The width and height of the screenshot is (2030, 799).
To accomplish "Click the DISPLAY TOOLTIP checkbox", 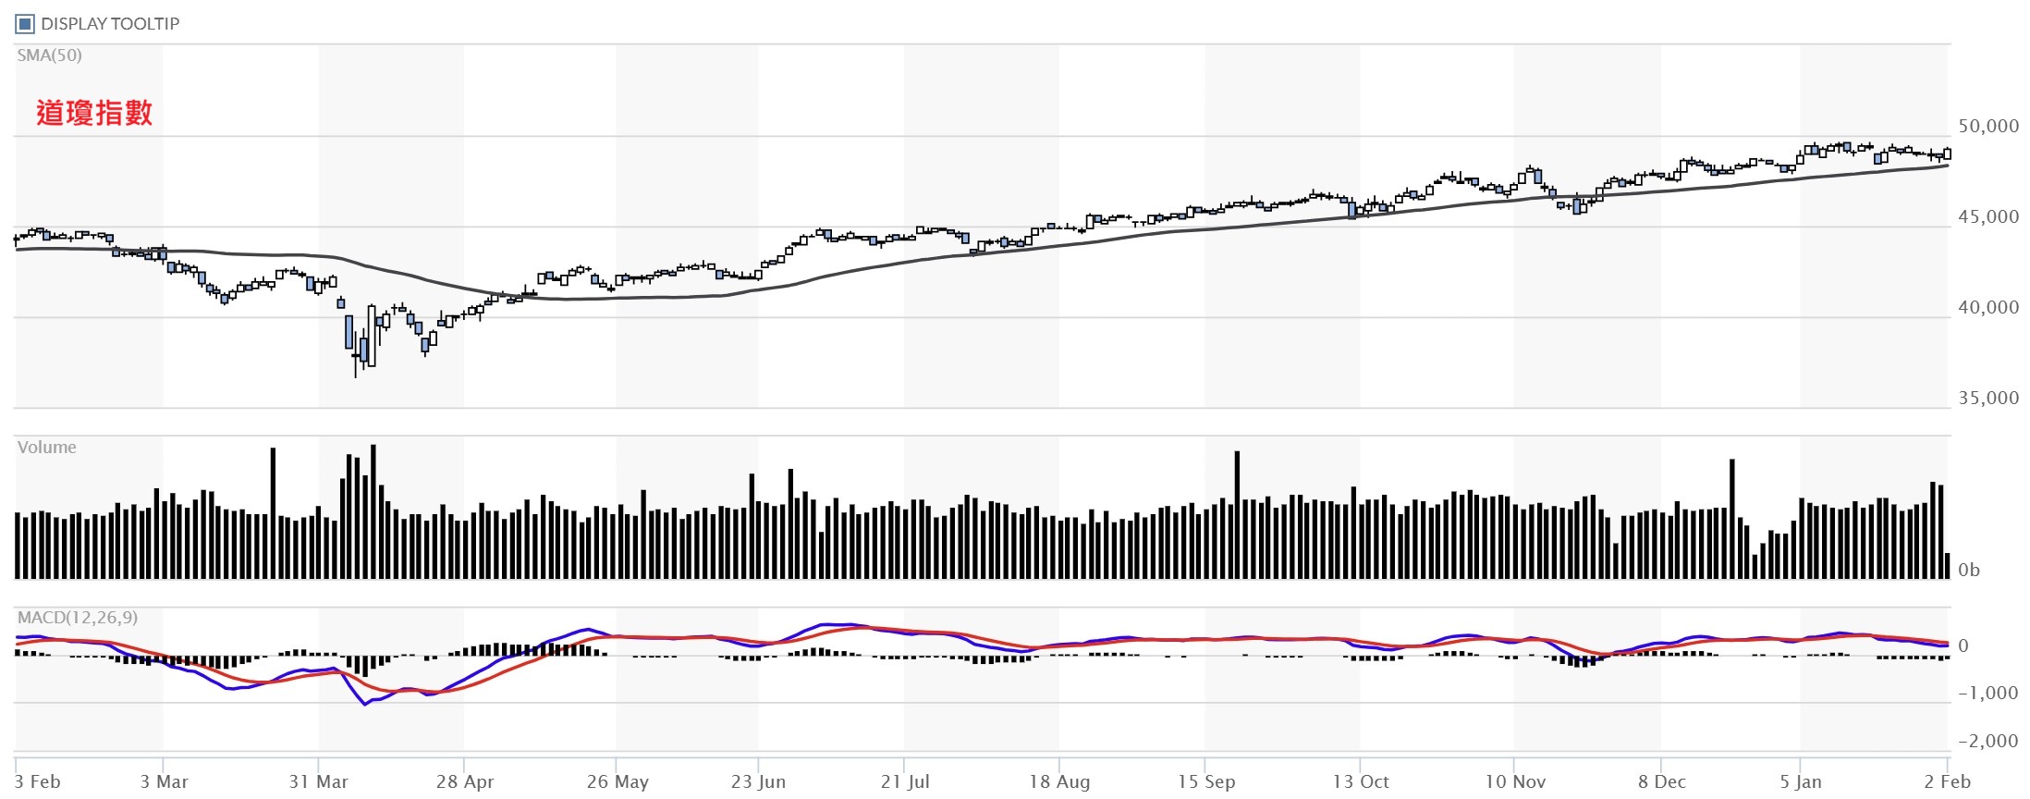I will click(x=25, y=24).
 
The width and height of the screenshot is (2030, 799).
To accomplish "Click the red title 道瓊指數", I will click(x=94, y=113).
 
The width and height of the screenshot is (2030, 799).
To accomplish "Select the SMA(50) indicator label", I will click(x=50, y=55).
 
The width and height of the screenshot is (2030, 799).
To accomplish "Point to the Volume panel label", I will click(x=47, y=448).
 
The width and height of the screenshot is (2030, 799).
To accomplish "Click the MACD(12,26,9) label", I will click(x=78, y=618).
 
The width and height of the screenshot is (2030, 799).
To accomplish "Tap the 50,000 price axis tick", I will click(x=1988, y=127).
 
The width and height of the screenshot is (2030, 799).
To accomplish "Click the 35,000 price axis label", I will click(x=1988, y=399).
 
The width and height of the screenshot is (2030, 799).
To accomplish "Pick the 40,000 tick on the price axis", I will click(x=1988, y=308).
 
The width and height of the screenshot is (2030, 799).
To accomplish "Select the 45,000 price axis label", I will click(x=1988, y=217).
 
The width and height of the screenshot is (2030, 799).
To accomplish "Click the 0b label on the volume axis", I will click(x=1969, y=571).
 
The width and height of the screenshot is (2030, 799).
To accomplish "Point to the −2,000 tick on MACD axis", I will click(x=1987, y=742).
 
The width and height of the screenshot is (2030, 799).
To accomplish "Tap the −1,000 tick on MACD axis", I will click(x=1987, y=694).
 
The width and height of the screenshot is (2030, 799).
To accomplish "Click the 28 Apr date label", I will click(x=465, y=782).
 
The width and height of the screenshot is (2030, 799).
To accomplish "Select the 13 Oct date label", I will click(x=1361, y=782).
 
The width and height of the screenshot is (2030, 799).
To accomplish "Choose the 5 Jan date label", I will click(x=1801, y=782).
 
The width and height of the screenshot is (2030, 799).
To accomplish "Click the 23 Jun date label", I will click(x=758, y=782).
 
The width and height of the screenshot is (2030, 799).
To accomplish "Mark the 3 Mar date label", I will click(x=164, y=782).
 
